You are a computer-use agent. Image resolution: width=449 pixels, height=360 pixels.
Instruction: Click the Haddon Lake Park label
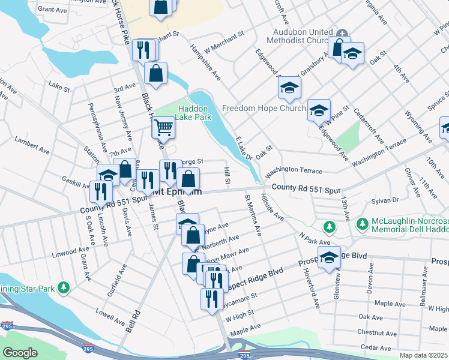pyautogui.click(x=193, y=112)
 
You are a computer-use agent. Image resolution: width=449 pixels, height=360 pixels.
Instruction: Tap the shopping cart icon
pyautogui.click(x=163, y=127)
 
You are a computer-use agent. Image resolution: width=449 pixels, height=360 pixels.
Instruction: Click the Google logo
pyautogui.click(x=20, y=352)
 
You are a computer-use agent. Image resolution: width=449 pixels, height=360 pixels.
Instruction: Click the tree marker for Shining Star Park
pyautogui.click(x=64, y=289)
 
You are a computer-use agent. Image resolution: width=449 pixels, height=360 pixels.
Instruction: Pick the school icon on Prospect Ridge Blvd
pyautogui.click(x=329, y=257)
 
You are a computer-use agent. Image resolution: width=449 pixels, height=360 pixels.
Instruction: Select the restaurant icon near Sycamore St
pyautogui.click(x=210, y=298)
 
